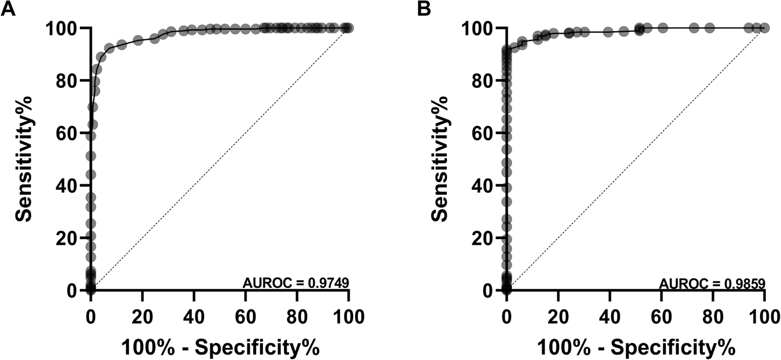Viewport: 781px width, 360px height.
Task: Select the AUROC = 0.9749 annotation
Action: [x=295, y=283]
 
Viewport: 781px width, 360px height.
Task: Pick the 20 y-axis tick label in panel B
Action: [x=484, y=237]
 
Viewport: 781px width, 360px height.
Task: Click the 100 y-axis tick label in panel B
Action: [x=479, y=28]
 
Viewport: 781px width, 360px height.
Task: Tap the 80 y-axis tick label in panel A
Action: [x=68, y=80]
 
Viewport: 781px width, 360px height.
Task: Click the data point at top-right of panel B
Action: [x=764, y=28]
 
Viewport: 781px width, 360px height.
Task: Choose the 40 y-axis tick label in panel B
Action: [x=484, y=185]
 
